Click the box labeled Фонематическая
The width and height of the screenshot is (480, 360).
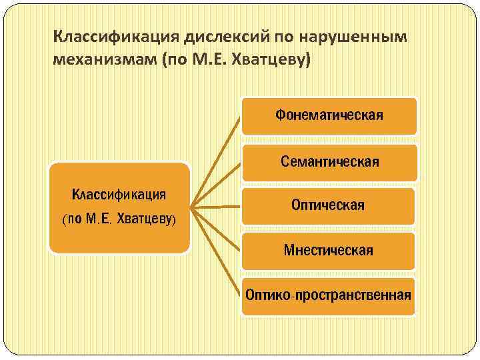pos(329,115)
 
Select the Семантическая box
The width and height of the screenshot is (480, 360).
pos(329,162)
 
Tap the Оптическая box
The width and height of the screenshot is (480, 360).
pos(328,205)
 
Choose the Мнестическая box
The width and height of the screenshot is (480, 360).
pos(328,251)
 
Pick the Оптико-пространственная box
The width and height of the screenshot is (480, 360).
pos(328,295)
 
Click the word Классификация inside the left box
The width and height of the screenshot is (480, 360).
pos(119,195)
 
